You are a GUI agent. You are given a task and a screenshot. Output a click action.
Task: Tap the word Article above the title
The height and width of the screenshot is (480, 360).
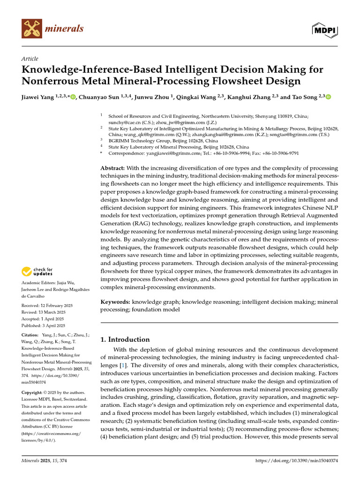[x=30, y=59]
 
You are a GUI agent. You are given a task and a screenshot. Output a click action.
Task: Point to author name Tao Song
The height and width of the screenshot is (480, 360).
[x=305, y=97]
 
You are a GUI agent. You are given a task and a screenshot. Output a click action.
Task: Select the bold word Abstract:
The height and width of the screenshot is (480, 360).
[x=112, y=168]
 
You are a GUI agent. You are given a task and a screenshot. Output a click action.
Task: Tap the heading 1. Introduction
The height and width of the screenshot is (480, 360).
[x=126, y=339]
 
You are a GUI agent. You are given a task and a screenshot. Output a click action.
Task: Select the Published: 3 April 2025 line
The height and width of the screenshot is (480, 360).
[x=43, y=325]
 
